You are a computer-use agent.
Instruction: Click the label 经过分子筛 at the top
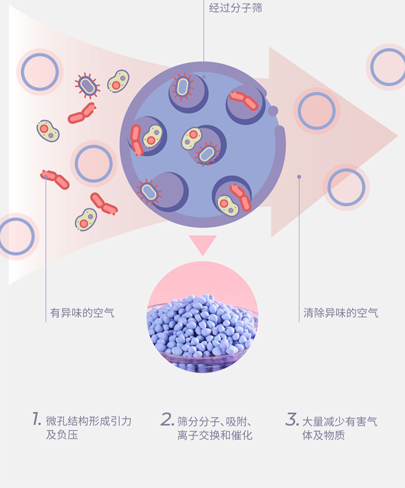tap(235, 8)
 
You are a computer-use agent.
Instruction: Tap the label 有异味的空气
tap(82, 313)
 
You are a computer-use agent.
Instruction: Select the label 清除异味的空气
tap(340, 313)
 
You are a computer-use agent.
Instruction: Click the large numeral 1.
tap(36, 419)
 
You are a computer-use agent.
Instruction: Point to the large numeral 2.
tap(167, 420)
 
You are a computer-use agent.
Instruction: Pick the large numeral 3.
tap(292, 419)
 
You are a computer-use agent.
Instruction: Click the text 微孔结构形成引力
tap(89, 421)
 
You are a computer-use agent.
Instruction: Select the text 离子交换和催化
tap(215, 435)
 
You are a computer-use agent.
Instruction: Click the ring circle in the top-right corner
tap(388, 67)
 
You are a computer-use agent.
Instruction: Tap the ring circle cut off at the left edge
tap(16, 237)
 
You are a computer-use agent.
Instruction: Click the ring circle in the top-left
tap(40, 72)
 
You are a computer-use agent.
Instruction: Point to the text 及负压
tap(62, 435)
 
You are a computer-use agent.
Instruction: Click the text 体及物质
tap(323, 435)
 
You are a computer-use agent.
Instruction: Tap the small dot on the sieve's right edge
tap(273, 110)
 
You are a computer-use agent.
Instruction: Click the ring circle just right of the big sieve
tap(316, 111)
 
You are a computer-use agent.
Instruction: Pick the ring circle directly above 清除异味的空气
tap(346, 187)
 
